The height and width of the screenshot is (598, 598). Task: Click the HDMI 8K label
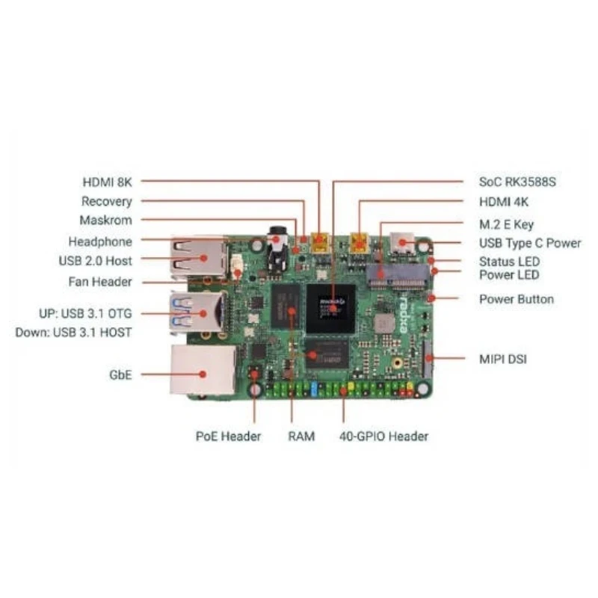coord(107,182)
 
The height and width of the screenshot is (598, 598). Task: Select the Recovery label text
coord(106,201)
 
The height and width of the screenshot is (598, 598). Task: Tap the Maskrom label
coord(105,221)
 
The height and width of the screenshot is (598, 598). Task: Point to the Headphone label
coord(100,241)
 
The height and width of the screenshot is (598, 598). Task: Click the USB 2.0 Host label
coord(95,261)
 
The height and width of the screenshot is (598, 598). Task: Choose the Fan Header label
coord(100,282)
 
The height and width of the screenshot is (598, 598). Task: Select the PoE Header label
coord(229,436)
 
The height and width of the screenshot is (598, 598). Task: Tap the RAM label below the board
coord(301,436)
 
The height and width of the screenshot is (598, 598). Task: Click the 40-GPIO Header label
coord(383,436)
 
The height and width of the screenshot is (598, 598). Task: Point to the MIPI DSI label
coord(503,360)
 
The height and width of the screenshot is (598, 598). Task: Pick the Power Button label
coord(517,300)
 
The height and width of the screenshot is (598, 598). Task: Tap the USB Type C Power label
coord(530,243)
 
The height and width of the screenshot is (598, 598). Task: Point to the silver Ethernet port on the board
coord(200,369)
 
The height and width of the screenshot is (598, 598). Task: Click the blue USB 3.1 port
coord(200,311)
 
